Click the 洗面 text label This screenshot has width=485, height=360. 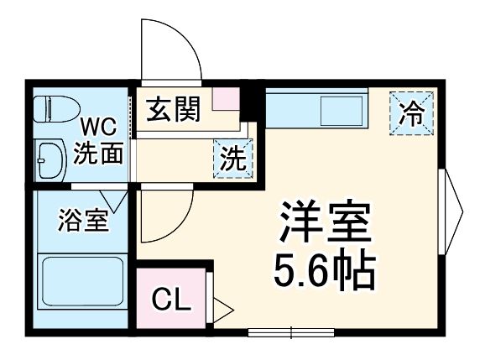tap(99, 154)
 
